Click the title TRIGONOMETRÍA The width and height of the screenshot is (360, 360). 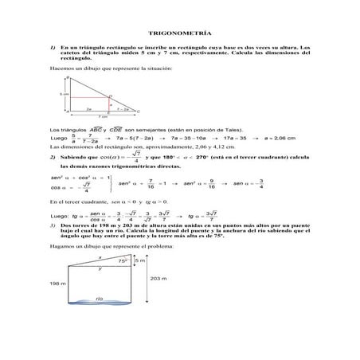(179, 34)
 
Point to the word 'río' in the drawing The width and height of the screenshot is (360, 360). (100, 298)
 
